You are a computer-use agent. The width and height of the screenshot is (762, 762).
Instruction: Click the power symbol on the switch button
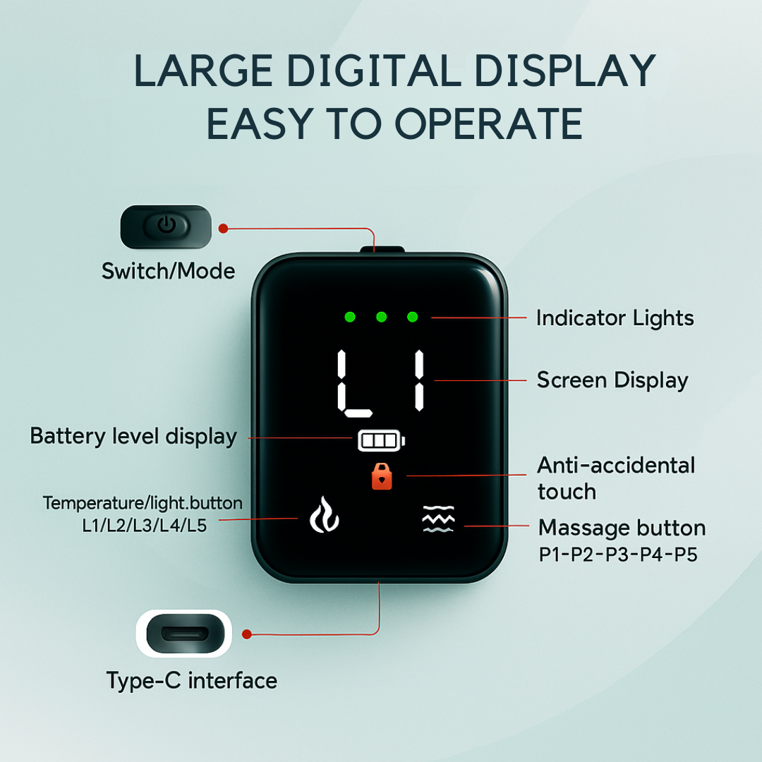[x=167, y=224]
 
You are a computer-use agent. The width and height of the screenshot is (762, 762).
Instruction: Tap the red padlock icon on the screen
[x=382, y=476]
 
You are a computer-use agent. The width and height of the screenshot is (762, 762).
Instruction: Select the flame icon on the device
[x=324, y=514]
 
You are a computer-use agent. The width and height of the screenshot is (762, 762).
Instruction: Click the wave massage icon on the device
[x=438, y=519]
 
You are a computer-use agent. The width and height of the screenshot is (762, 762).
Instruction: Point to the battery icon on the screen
[x=382, y=440]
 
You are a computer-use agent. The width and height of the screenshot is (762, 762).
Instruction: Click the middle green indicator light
[x=382, y=317]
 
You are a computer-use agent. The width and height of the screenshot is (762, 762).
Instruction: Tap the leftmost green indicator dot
[x=350, y=317]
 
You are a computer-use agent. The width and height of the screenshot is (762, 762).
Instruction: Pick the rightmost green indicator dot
[x=413, y=317]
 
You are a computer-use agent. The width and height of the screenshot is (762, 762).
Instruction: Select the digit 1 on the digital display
[x=419, y=380]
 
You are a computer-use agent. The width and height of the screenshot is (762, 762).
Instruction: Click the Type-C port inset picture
[x=184, y=633]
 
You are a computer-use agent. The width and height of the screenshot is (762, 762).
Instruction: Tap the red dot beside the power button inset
[x=223, y=229]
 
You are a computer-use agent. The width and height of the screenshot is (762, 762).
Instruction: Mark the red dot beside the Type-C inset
[x=247, y=634]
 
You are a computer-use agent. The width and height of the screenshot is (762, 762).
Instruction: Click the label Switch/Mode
[x=168, y=271]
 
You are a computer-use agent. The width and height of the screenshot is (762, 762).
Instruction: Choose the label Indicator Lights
[x=615, y=318]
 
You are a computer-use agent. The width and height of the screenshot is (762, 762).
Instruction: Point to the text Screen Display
[x=613, y=380]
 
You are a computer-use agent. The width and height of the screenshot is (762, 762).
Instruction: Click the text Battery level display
[x=133, y=437]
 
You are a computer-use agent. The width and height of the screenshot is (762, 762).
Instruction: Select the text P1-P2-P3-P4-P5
[x=618, y=554]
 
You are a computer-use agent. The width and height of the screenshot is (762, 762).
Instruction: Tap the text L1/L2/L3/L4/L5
[x=145, y=526]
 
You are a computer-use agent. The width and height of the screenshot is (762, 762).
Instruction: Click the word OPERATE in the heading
[x=488, y=123]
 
